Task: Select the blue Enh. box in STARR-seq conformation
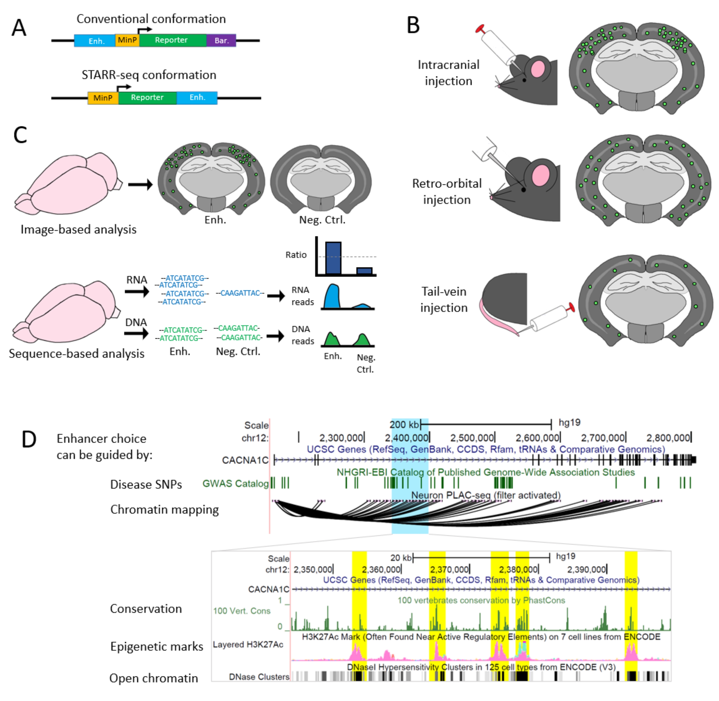(197, 98)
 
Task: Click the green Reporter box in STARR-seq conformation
(147, 98)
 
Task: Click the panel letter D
(29, 439)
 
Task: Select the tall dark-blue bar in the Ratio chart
(333, 258)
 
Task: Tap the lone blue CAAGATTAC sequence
(240, 293)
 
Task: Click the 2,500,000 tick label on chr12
(472, 438)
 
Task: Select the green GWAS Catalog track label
(236, 484)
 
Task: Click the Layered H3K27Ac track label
(248, 644)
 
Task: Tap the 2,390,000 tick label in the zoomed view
(586, 569)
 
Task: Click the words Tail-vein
(444, 292)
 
